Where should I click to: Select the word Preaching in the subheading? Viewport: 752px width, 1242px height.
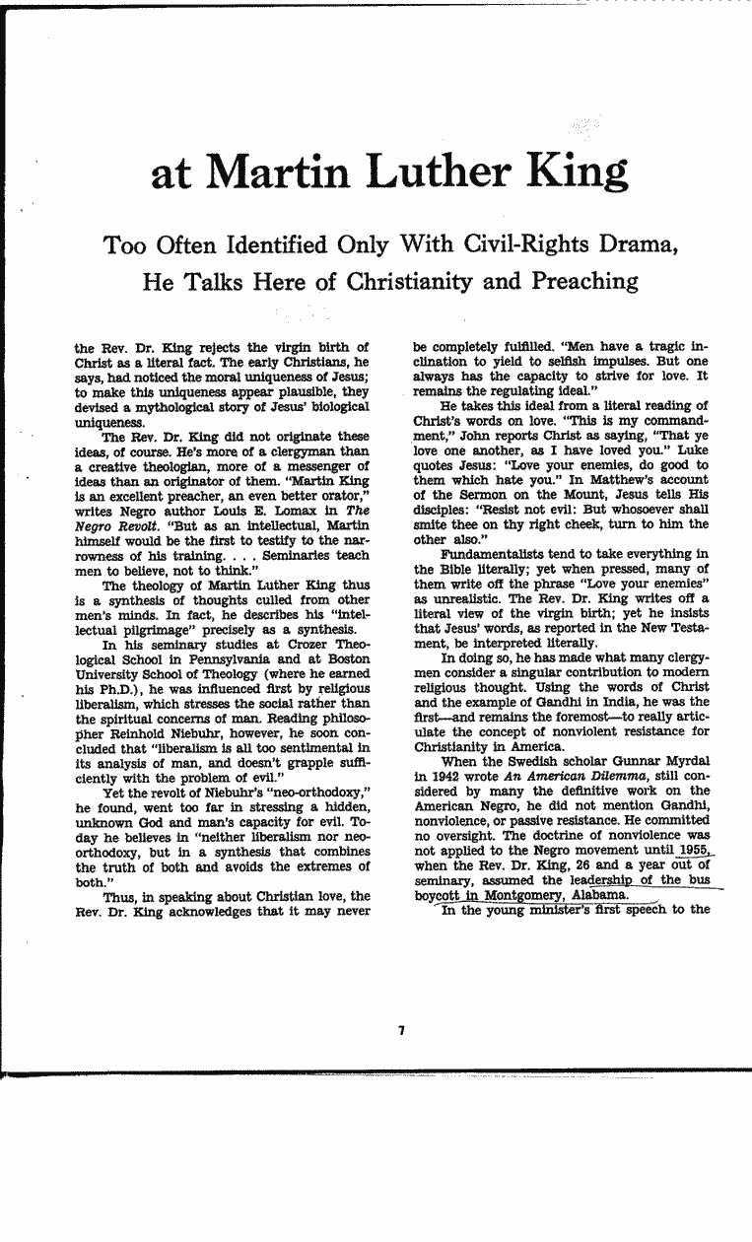pyautogui.click(x=581, y=281)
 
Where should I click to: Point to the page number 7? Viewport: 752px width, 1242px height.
pyautogui.click(x=402, y=1030)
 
